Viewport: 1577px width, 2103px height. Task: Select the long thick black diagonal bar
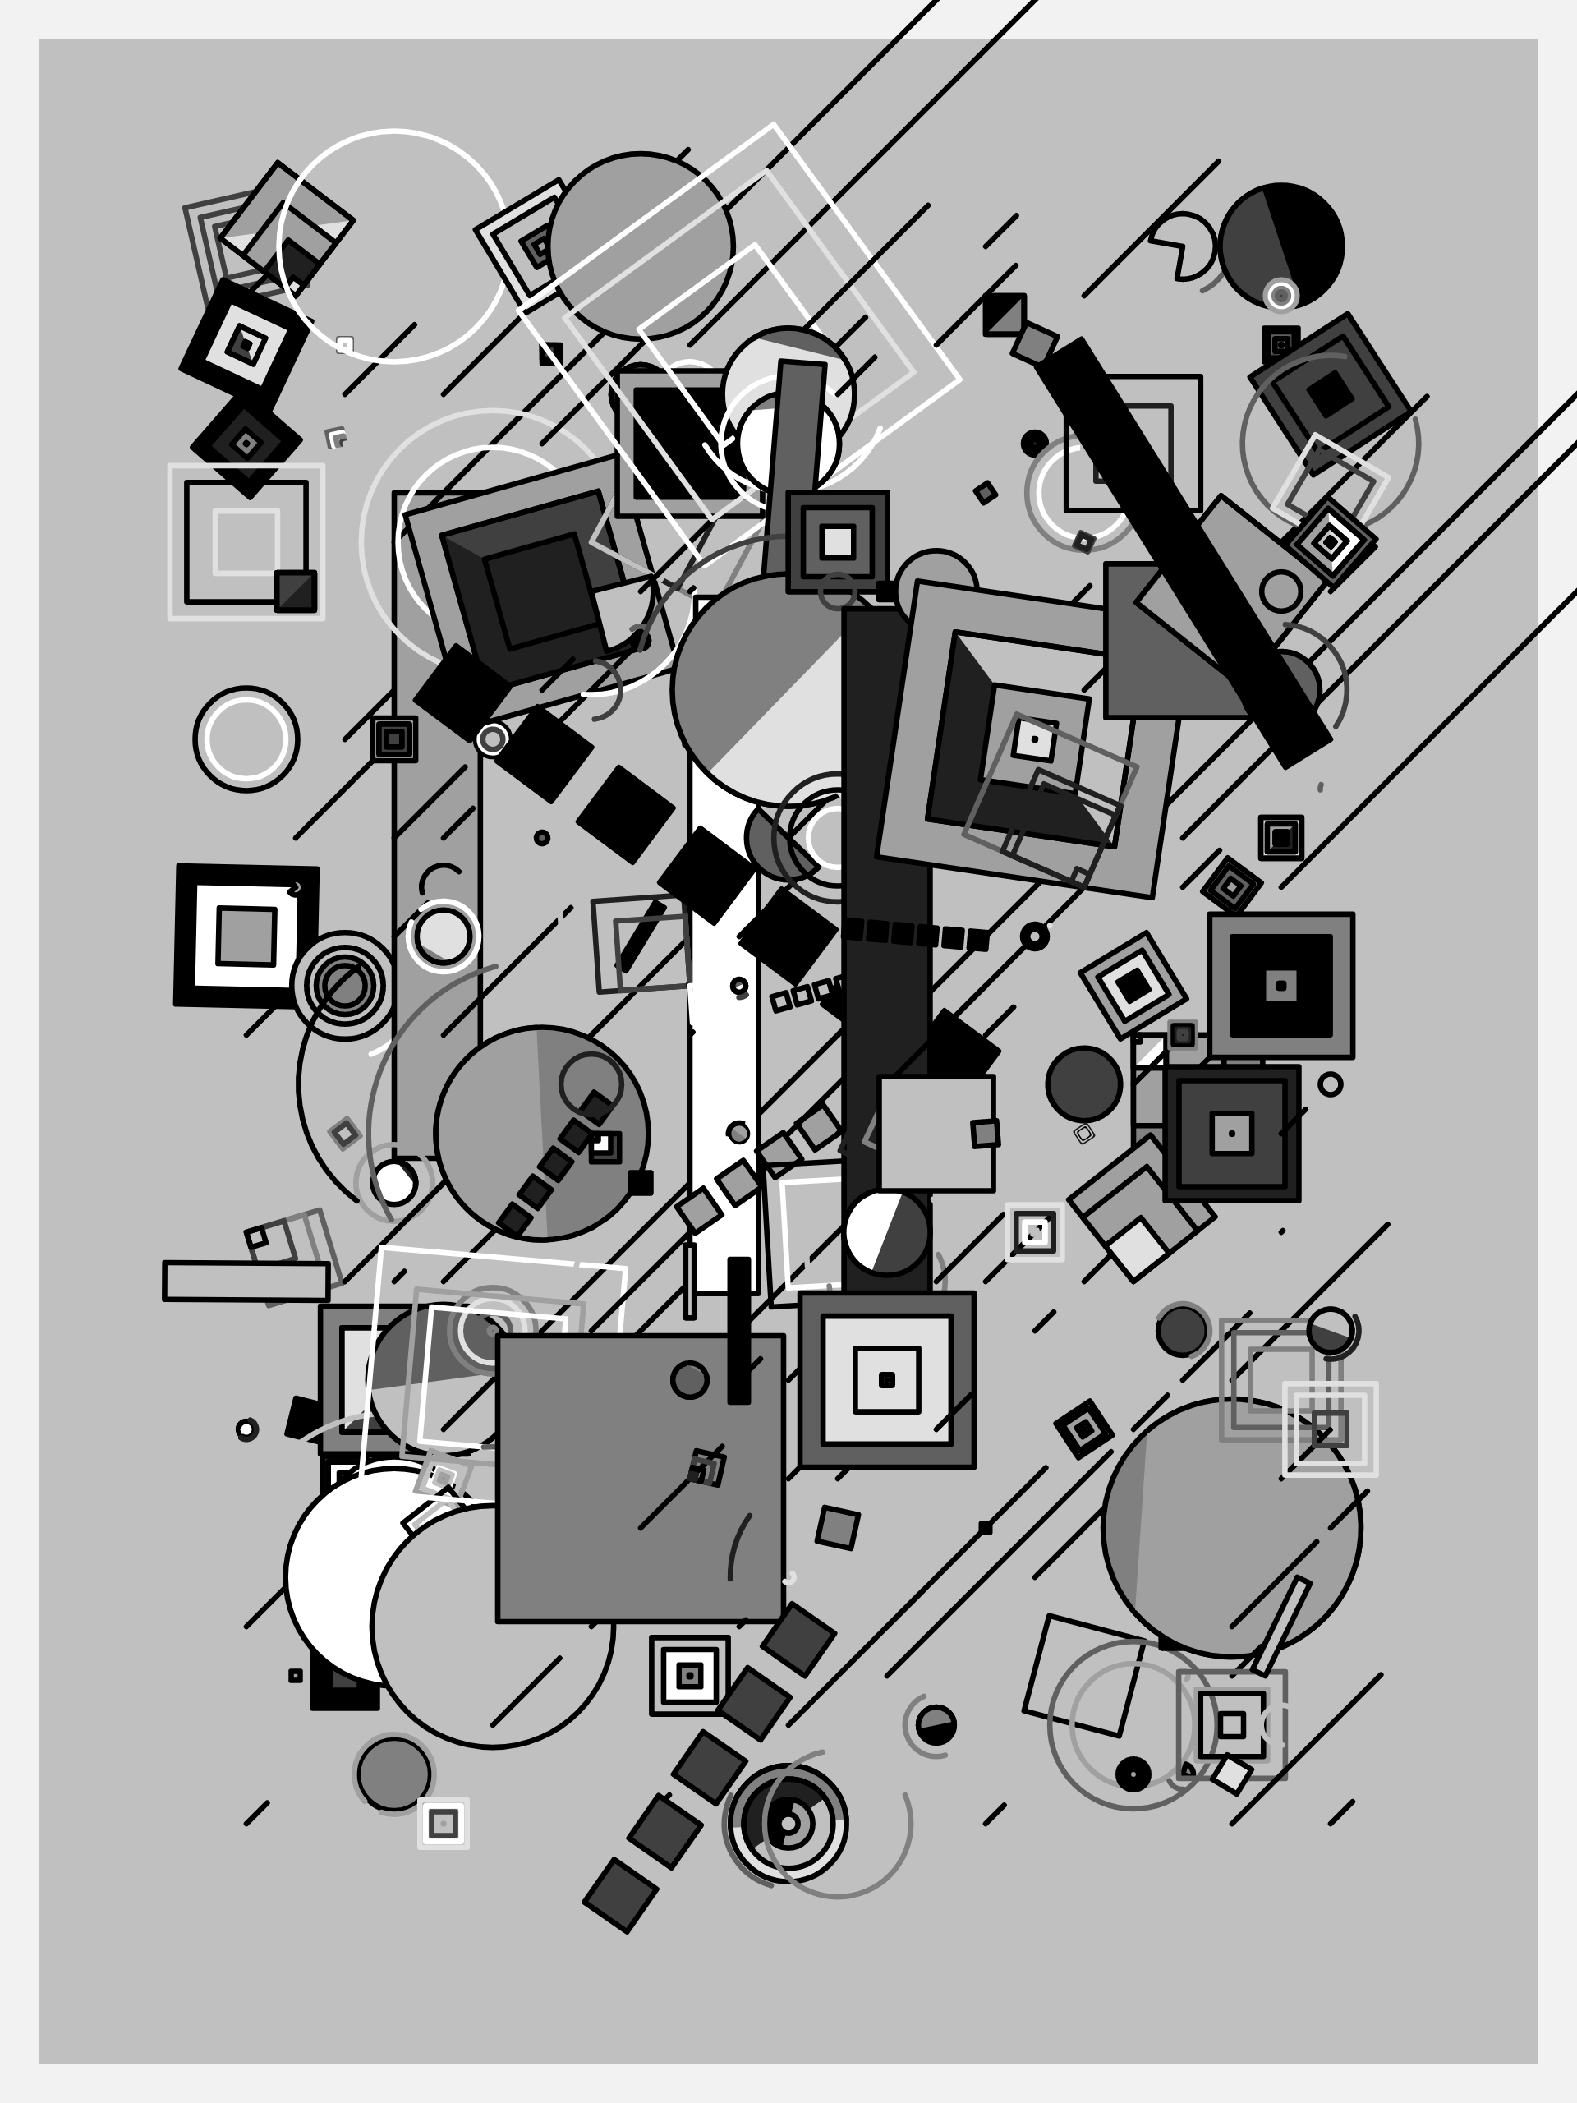tap(1184, 551)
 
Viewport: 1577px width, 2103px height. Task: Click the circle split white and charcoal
tap(886, 1232)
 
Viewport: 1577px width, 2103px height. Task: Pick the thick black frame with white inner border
tap(246, 936)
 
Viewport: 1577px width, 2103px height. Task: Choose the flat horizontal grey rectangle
tap(246, 1281)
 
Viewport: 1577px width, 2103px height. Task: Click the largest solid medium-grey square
tap(640, 1479)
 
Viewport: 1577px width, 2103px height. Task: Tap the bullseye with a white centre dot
tap(787, 1824)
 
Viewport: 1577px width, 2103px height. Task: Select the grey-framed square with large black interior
tap(1280, 985)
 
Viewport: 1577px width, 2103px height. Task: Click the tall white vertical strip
tap(724, 1046)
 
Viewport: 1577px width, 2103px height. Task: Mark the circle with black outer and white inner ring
tap(246, 739)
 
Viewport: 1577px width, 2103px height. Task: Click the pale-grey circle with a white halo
tap(443, 936)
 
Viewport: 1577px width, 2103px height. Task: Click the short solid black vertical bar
tap(738, 1331)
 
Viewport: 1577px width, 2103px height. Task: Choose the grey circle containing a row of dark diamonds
tap(542, 1134)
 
